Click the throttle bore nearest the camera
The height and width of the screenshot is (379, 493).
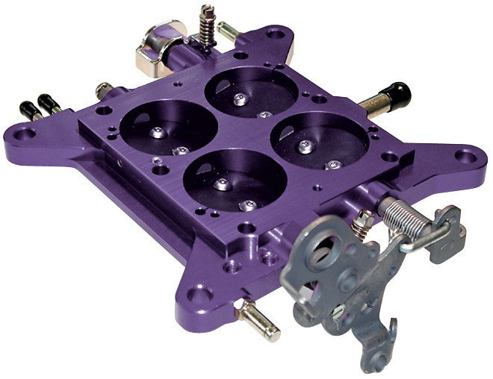click(x=234, y=180)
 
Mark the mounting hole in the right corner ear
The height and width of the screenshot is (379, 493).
click(x=466, y=156)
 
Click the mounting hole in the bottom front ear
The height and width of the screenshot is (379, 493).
click(x=198, y=292)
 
